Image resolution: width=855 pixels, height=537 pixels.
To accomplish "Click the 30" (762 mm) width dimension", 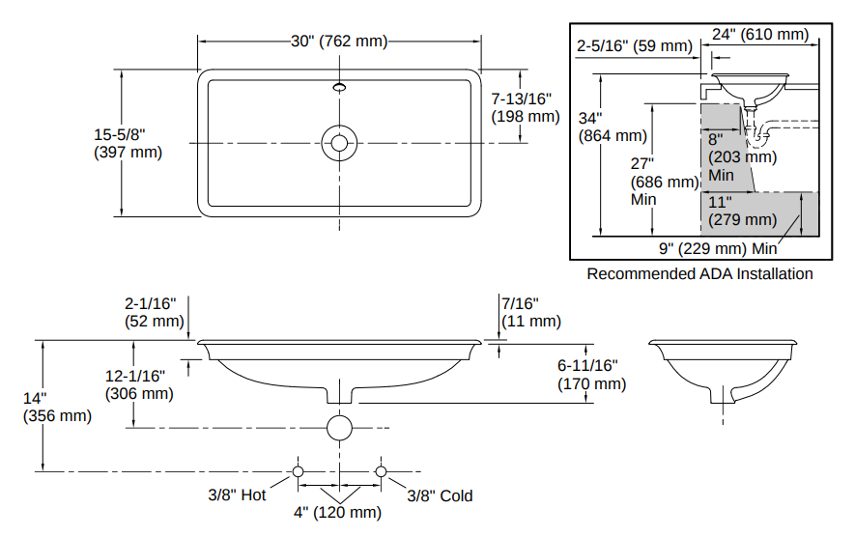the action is [x=339, y=42].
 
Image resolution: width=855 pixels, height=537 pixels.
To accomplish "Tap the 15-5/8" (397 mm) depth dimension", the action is [x=128, y=143].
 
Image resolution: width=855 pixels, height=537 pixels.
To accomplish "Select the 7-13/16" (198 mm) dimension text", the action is [x=526, y=107].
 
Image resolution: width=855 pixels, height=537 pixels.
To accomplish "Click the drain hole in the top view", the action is [x=339, y=143].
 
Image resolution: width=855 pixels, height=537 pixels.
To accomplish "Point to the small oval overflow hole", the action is [x=339, y=87].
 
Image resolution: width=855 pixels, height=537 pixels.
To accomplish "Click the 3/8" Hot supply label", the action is [x=237, y=495].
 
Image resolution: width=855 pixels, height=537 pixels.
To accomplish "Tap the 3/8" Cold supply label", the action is [x=440, y=495].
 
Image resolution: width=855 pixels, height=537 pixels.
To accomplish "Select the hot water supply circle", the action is [x=298, y=471].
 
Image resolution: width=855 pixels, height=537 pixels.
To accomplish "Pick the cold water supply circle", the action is [x=381, y=471].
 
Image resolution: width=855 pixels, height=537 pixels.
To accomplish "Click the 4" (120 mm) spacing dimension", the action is [x=337, y=513].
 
